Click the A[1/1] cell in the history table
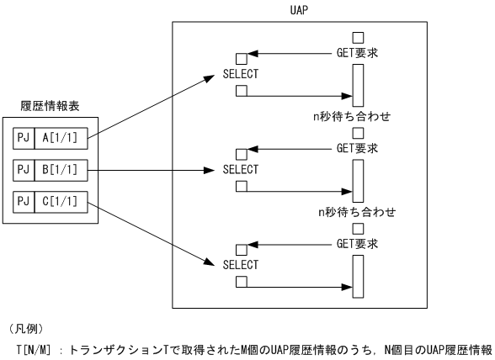tap(61, 137)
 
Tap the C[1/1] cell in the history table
tap(61, 202)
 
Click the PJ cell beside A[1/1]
tap(24, 137)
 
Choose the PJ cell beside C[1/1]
tap(24, 202)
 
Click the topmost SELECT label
tap(241, 74)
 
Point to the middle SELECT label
tap(241, 169)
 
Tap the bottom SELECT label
tap(241, 264)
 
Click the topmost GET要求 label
tap(357, 53)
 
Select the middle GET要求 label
tap(357, 148)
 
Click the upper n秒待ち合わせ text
tap(350, 116)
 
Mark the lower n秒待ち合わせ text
tap(350, 211)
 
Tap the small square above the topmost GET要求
tap(358, 38)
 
